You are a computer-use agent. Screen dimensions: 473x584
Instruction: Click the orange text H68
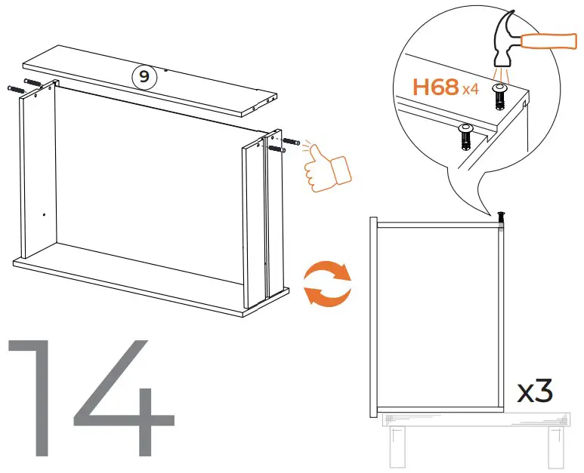pyautogui.click(x=435, y=88)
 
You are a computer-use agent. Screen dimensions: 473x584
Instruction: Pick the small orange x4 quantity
pyautogui.click(x=471, y=90)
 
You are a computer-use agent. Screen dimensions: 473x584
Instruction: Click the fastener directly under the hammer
pyautogui.click(x=499, y=94)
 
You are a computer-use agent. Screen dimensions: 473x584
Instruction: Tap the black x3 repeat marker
pyautogui.click(x=535, y=392)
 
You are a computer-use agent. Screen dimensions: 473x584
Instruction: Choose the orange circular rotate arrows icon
pyautogui.click(x=326, y=283)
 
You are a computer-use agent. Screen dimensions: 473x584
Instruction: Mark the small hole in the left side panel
pyautogui.click(x=45, y=214)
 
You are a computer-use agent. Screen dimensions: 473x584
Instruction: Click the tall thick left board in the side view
pyautogui.click(x=372, y=317)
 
